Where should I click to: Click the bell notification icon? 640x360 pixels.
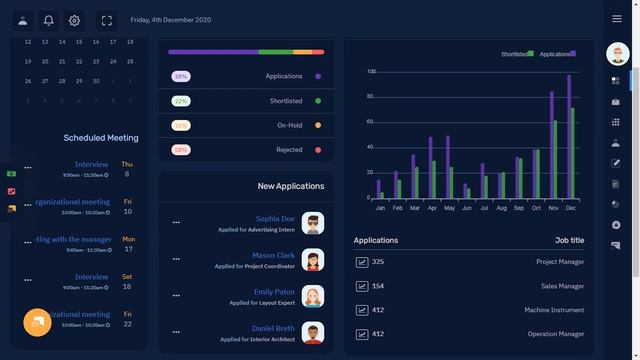(48, 20)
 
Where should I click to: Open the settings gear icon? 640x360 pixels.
(74, 20)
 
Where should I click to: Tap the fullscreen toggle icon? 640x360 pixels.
(107, 20)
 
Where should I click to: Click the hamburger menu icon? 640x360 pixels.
(617, 19)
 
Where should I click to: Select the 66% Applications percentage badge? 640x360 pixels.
(181, 76)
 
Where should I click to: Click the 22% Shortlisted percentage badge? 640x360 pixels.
(181, 101)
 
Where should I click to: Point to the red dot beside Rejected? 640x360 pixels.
(318, 150)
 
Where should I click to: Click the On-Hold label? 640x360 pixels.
(289, 125)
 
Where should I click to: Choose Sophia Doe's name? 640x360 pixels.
(275, 218)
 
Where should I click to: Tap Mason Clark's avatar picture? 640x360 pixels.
(313, 260)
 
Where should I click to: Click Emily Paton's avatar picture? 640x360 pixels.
(313, 296)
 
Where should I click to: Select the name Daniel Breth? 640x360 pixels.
(273, 328)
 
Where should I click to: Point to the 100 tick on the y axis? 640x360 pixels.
(370, 72)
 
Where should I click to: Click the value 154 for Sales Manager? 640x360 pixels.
(377, 286)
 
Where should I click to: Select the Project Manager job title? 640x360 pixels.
(559, 262)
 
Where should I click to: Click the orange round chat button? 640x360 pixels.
(38, 322)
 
